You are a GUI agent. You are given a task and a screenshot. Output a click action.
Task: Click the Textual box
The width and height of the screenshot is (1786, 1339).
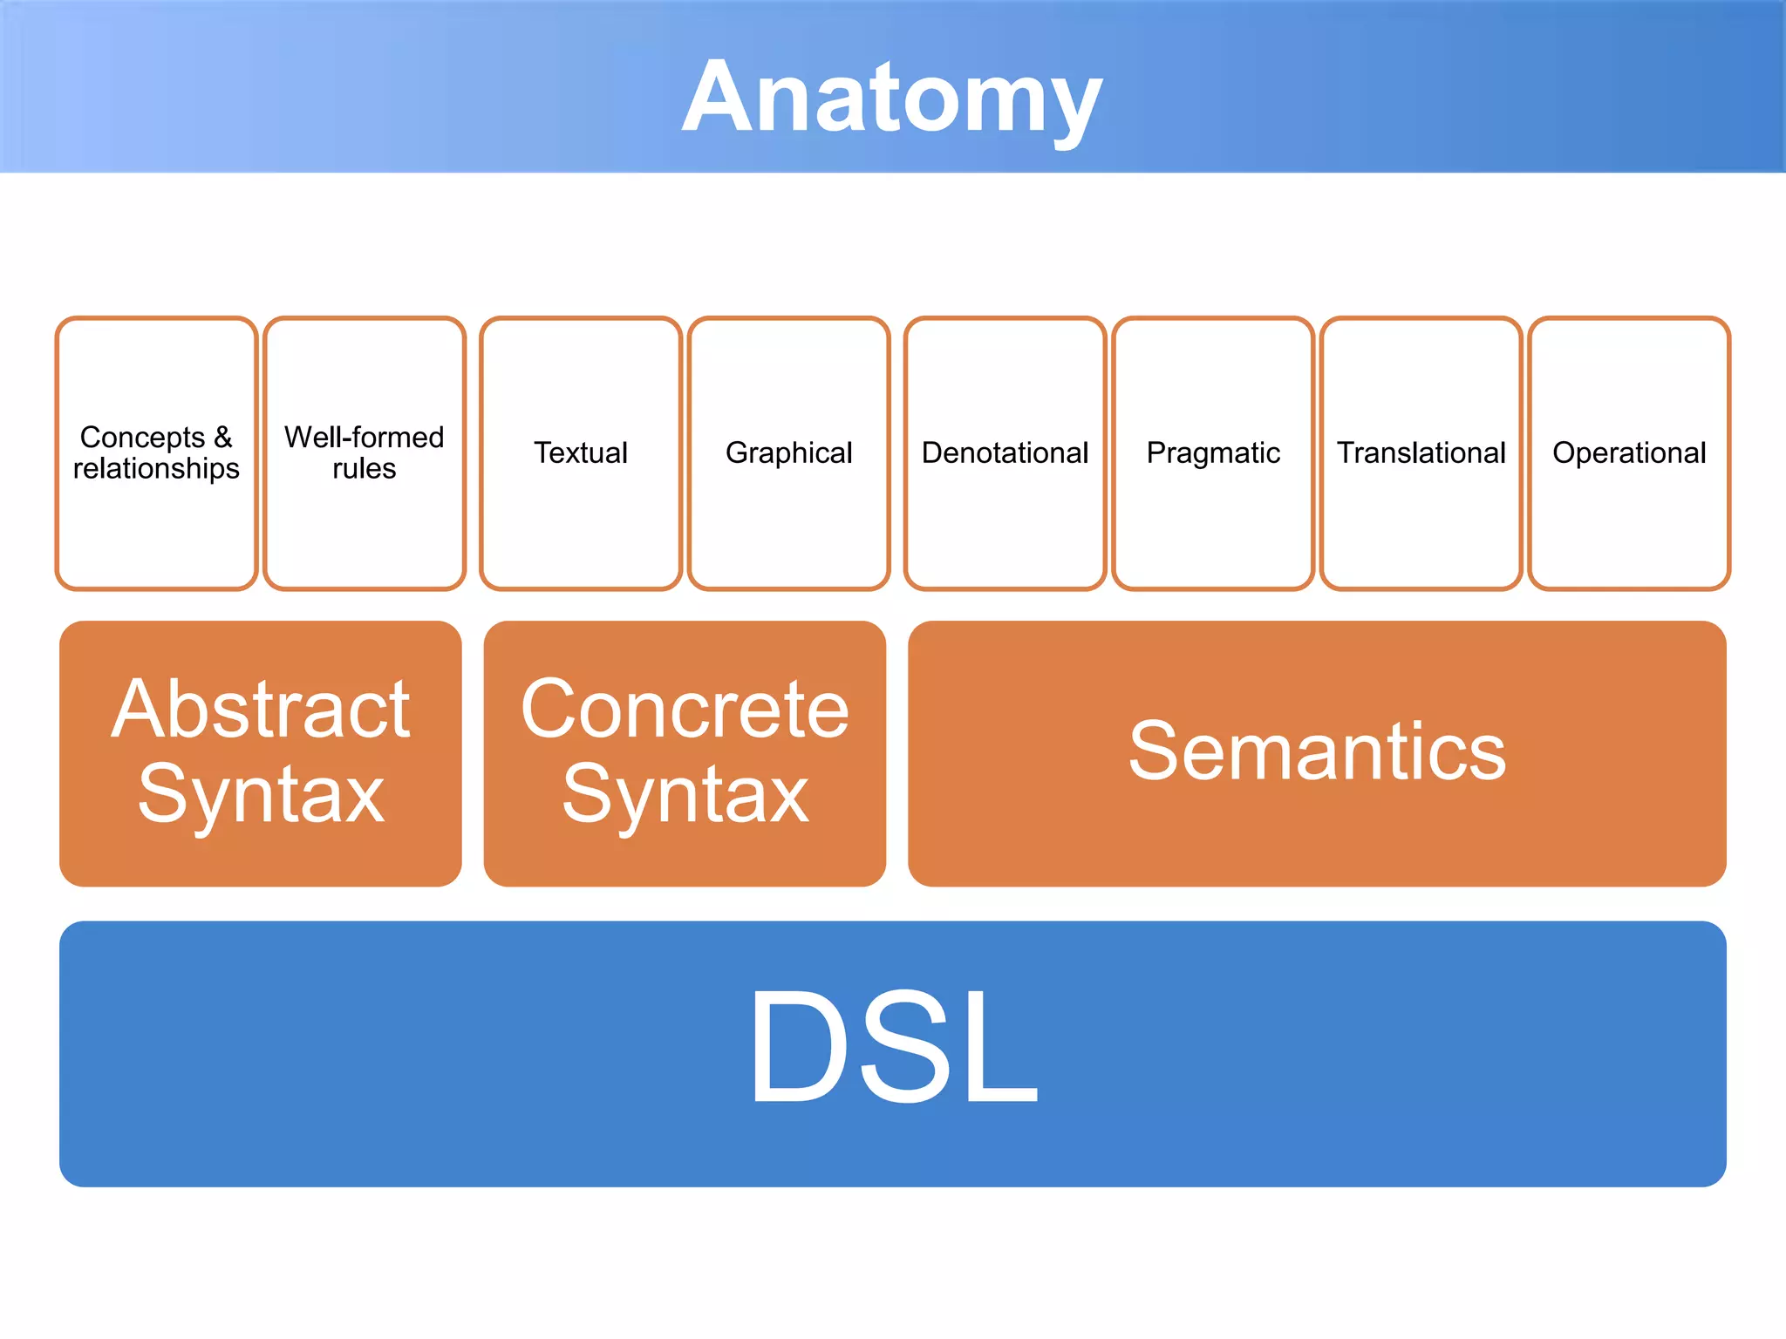[x=580, y=452]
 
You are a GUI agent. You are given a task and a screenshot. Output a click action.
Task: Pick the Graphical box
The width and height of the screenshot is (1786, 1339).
[x=788, y=452]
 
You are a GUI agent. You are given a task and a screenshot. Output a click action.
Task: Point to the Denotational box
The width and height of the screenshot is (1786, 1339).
[x=1005, y=452]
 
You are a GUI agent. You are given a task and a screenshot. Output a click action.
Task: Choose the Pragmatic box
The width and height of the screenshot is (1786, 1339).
[x=1212, y=452]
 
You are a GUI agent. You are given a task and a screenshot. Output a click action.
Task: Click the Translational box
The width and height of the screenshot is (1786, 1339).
[x=1421, y=452]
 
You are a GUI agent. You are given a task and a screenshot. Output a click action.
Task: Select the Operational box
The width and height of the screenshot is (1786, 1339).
[x=1628, y=452]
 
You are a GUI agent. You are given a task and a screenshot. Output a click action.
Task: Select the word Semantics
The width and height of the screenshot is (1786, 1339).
[x=1317, y=751]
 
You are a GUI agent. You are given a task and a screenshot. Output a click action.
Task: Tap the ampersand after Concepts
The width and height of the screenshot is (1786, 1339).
[x=222, y=436]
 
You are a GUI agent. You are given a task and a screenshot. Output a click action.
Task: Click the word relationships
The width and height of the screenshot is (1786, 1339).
[x=156, y=468]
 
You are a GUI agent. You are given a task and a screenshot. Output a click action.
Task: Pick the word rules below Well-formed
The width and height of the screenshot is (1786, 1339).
[x=364, y=468]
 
